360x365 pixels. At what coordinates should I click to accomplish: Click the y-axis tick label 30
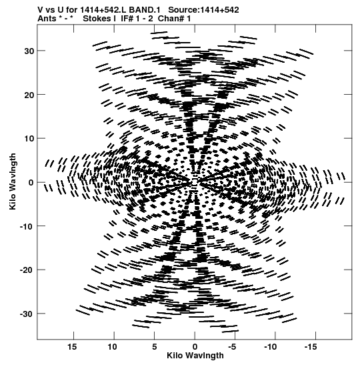click(x=29, y=51)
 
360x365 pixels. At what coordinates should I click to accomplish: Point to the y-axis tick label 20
click(x=29, y=95)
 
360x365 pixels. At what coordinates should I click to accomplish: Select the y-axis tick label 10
click(x=29, y=139)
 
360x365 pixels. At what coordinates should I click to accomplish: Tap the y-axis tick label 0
click(x=31, y=183)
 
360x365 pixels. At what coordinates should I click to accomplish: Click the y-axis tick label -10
click(x=27, y=226)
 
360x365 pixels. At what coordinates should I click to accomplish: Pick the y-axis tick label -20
click(x=27, y=270)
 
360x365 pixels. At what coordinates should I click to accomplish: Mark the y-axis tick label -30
click(x=27, y=314)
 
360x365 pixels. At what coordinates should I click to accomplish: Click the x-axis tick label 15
click(x=72, y=347)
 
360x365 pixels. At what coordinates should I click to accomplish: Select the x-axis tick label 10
click(x=112, y=347)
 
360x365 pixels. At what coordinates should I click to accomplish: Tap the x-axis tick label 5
click(x=155, y=347)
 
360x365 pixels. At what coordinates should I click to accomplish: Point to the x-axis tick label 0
click(x=195, y=347)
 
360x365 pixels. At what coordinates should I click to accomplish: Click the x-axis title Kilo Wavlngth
click(x=195, y=356)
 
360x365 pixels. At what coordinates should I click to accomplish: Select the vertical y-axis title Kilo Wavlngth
click(x=13, y=181)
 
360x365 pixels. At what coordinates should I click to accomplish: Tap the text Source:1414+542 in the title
click(x=203, y=10)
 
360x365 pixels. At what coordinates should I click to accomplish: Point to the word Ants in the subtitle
click(x=47, y=19)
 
